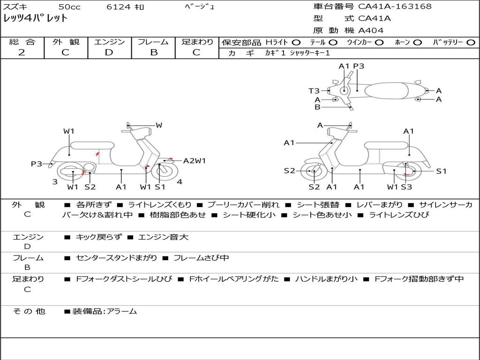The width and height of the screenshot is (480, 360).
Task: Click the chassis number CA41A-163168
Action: (x=395, y=7)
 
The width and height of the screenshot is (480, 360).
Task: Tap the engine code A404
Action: (x=371, y=30)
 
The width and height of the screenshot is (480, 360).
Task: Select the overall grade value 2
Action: (x=22, y=52)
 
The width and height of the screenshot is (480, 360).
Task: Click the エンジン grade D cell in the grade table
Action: (x=109, y=52)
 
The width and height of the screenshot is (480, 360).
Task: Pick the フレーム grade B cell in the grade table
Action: (x=153, y=52)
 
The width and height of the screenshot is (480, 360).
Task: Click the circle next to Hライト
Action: (x=296, y=42)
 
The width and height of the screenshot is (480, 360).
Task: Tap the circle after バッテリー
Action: (x=471, y=42)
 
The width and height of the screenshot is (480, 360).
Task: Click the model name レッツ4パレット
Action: (x=36, y=19)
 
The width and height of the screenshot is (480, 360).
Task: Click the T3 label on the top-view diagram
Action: (x=314, y=91)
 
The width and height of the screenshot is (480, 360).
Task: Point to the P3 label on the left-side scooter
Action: (x=37, y=164)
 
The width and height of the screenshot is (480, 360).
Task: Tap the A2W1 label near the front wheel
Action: (x=195, y=161)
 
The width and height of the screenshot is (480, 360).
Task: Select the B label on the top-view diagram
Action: (x=317, y=107)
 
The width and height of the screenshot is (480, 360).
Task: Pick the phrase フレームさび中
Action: (x=201, y=258)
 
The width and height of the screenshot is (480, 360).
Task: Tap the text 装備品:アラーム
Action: (x=104, y=311)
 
